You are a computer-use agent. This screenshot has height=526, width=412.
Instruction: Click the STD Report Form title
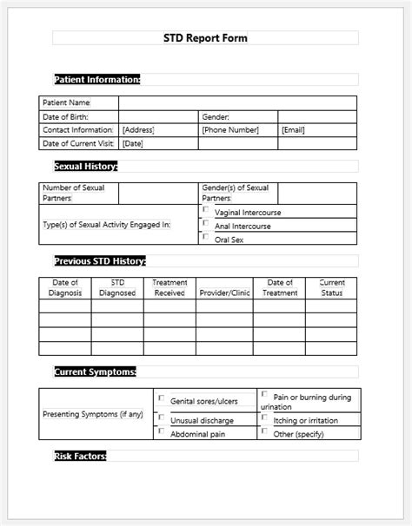(205, 38)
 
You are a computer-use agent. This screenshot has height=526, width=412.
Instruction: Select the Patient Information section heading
(96, 80)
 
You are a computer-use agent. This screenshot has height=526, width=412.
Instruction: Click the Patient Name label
(66, 102)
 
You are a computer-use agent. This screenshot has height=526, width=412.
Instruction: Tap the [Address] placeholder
(138, 130)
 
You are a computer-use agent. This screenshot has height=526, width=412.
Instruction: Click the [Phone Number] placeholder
(230, 130)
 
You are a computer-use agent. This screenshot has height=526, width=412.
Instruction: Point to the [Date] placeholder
(133, 144)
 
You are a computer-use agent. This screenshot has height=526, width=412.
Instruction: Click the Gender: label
(216, 116)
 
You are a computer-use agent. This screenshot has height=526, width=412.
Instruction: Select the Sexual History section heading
(85, 166)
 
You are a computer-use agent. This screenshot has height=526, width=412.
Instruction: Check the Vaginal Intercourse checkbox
(206, 210)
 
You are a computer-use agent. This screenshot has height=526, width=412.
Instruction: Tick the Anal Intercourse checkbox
(206, 224)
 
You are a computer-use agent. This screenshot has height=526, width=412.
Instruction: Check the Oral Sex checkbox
(206, 238)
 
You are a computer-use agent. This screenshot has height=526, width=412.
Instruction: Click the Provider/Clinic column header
(224, 293)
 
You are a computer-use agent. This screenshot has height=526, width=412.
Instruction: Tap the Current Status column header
(332, 288)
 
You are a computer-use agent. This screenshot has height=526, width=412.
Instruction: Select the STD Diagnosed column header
(117, 288)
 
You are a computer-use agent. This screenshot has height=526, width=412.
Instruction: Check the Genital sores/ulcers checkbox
(162, 399)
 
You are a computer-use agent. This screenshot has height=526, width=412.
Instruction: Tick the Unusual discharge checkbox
(162, 418)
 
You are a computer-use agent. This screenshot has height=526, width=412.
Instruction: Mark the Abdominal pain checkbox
(162, 431)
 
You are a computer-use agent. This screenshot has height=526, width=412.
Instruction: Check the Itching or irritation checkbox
(264, 418)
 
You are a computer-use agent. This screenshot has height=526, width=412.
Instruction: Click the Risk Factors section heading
(79, 456)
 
